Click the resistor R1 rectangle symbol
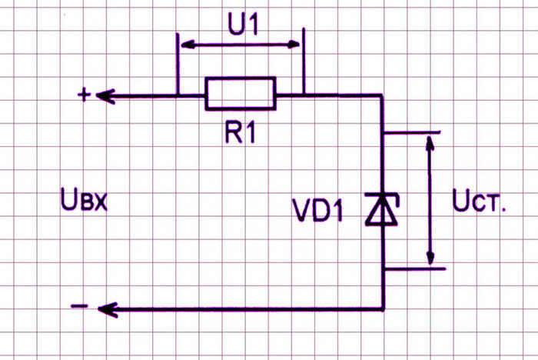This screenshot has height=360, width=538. coord(240,93)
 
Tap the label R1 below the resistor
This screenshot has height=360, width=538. coord(240,132)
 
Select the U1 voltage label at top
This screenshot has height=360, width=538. coord(243,26)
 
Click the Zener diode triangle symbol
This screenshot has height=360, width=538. coord(383,213)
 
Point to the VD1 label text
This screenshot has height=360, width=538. coord(317,211)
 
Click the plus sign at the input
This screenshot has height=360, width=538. coord(84,95)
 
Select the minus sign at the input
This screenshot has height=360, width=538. coord(80,307)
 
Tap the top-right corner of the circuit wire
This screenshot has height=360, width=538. coord(383,95)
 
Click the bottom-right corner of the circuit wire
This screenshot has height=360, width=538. coord(383,309)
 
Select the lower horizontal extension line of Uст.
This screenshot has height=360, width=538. coord(414,268)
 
